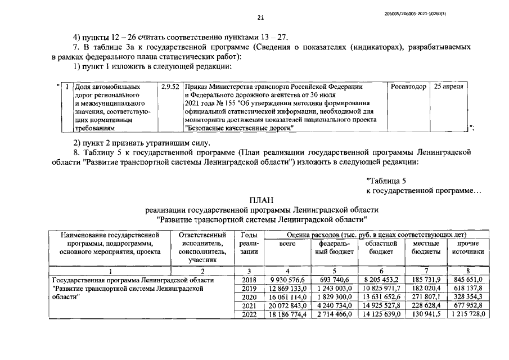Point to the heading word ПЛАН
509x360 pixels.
coord(261,199)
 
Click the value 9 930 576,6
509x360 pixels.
coord(287,280)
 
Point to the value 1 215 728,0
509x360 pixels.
coord(467,313)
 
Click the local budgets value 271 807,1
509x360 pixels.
coord(426,296)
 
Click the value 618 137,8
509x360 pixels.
coord(467,288)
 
